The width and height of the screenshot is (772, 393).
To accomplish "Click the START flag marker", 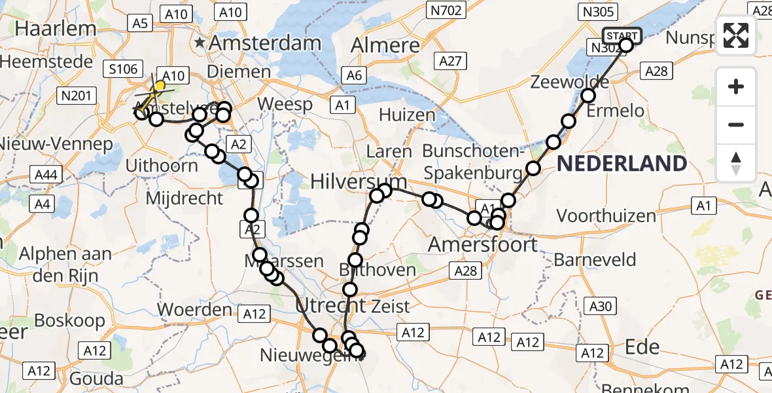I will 622,35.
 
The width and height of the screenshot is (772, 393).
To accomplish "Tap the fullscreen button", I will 736,35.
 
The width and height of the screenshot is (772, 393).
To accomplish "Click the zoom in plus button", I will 736,86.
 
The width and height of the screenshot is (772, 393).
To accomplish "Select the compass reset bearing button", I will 736,163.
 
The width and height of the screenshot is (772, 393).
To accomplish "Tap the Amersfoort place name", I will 482,245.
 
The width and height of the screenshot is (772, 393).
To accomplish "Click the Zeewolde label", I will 561,83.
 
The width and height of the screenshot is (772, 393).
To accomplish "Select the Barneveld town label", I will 595,259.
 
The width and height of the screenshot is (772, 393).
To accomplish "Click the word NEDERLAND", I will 622,164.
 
